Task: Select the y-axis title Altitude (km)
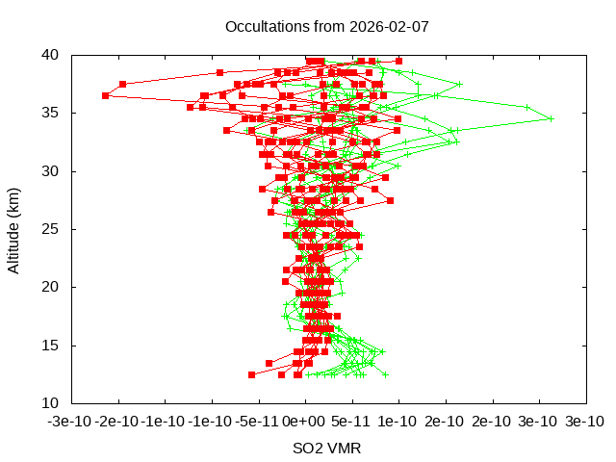click(x=14, y=229)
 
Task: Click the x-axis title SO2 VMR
click(x=327, y=449)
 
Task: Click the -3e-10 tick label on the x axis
click(x=72, y=422)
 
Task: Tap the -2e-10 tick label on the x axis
click(x=118, y=422)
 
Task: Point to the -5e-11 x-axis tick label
click(x=258, y=422)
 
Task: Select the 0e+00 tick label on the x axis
click(x=305, y=422)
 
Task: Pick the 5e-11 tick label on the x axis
click(x=351, y=422)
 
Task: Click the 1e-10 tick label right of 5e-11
click(x=398, y=422)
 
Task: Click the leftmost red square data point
click(x=105, y=95)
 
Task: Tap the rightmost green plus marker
click(x=551, y=118)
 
